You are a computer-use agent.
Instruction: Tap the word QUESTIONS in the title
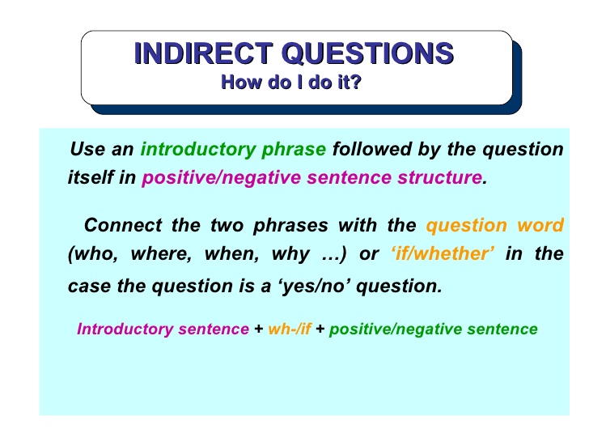click(x=364, y=53)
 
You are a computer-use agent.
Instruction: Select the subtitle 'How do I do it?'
click(x=290, y=82)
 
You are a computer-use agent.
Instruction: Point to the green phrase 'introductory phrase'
click(x=233, y=149)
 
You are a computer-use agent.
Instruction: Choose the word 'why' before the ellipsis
click(x=290, y=254)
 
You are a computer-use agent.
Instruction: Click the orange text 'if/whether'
click(x=442, y=254)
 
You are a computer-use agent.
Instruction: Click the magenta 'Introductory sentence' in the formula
click(x=163, y=329)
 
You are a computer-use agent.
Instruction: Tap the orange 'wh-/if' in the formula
click(x=290, y=329)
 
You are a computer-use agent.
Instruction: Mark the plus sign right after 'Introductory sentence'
click(x=258, y=329)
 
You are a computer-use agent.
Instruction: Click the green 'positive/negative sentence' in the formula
click(x=434, y=329)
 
